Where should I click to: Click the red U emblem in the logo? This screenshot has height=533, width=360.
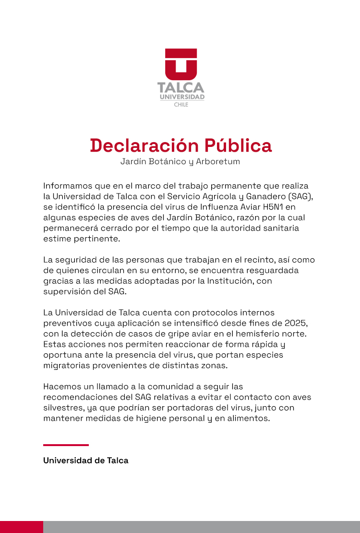pos(181,64)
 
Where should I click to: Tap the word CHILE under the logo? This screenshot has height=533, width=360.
pos(181,105)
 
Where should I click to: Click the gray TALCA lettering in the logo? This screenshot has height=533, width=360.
pos(181,88)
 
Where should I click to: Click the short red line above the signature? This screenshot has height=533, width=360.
pos(66,445)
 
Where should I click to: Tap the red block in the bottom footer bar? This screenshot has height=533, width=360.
pos(22,527)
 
